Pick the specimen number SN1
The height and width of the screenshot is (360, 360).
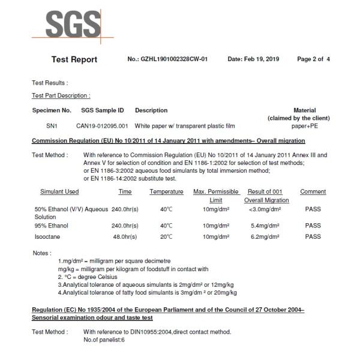click(53, 127)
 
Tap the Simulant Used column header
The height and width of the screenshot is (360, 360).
click(59, 192)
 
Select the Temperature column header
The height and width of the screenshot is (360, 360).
click(166, 192)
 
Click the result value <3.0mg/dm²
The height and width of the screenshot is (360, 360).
click(265, 209)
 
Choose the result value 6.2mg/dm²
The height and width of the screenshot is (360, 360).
click(266, 236)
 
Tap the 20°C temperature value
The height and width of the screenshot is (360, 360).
click(166, 236)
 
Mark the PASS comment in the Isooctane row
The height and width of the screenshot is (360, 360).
click(313, 236)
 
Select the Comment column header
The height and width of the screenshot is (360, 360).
click(313, 192)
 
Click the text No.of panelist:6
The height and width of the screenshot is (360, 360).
click(104, 340)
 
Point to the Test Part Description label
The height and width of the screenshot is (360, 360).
click(61, 95)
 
